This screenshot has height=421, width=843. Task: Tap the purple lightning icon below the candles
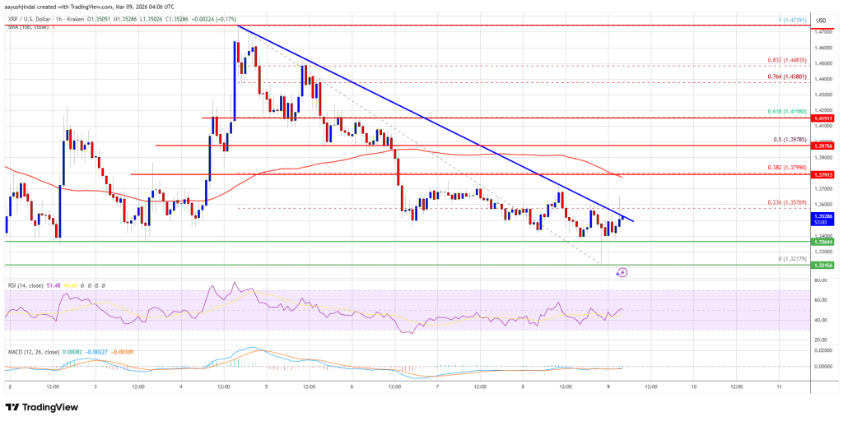click(622, 271)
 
